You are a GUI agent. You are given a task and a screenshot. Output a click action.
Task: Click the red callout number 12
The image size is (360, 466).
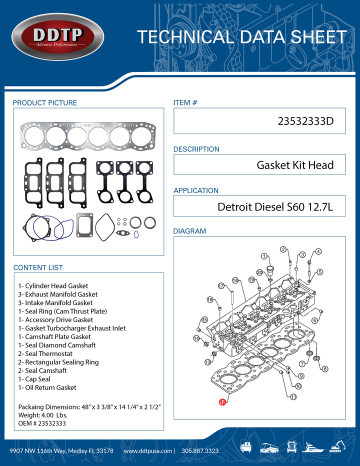coord(221,401)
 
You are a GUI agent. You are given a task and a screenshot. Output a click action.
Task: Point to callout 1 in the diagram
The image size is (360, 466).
coord(263,256)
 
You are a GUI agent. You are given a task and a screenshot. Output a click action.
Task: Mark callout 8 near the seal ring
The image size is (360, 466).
coord(325,369)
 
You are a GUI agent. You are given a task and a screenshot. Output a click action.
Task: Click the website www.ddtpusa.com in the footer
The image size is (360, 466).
coord(148,450)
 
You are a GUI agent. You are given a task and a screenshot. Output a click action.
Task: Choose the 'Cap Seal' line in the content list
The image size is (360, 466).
coord(34,379)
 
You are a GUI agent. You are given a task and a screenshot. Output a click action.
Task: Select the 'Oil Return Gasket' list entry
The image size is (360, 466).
coord(47,387)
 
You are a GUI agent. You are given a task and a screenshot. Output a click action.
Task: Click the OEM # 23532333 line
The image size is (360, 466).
coord(42,423)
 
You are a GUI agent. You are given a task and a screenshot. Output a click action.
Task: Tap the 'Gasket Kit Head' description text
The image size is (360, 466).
coord(294,165)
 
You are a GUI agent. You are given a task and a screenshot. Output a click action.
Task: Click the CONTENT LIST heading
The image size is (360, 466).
coord(38,267)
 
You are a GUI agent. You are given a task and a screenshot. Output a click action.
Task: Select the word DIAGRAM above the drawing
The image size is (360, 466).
coord(189,231)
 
